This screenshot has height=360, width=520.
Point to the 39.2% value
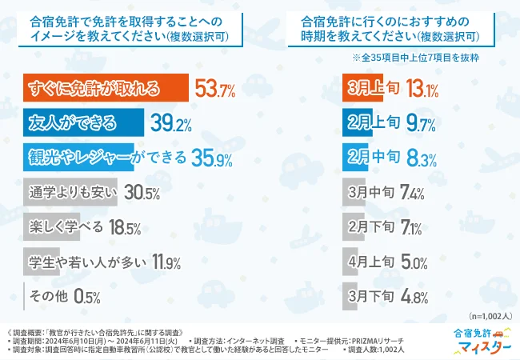170,122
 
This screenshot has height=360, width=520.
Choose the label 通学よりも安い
67,192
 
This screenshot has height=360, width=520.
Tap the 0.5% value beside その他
86,296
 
